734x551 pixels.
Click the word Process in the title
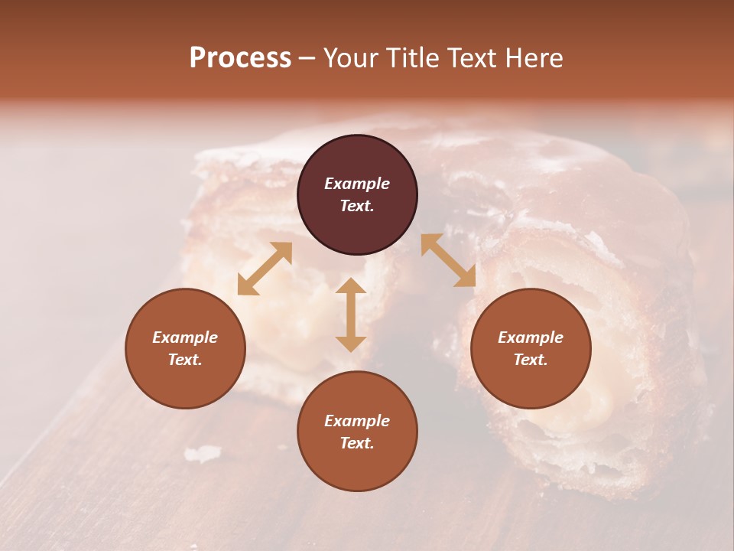(x=240, y=58)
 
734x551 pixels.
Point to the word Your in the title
(x=352, y=58)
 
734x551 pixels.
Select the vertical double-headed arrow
(x=351, y=315)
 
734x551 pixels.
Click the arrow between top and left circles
(x=265, y=269)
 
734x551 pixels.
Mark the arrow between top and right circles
(x=448, y=260)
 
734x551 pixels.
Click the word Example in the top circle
(x=357, y=184)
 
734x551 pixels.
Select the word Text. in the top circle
(x=357, y=206)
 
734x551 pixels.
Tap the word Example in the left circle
(x=185, y=337)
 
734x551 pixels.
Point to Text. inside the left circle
(x=185, y=360)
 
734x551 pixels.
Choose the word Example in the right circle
(x=531, y=337)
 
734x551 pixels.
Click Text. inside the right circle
(x=531, y=360)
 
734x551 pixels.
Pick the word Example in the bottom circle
(x=357, y=421)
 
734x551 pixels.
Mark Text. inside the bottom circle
(x=357, y=443)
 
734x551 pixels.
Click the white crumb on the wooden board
(x=203, y=454)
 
